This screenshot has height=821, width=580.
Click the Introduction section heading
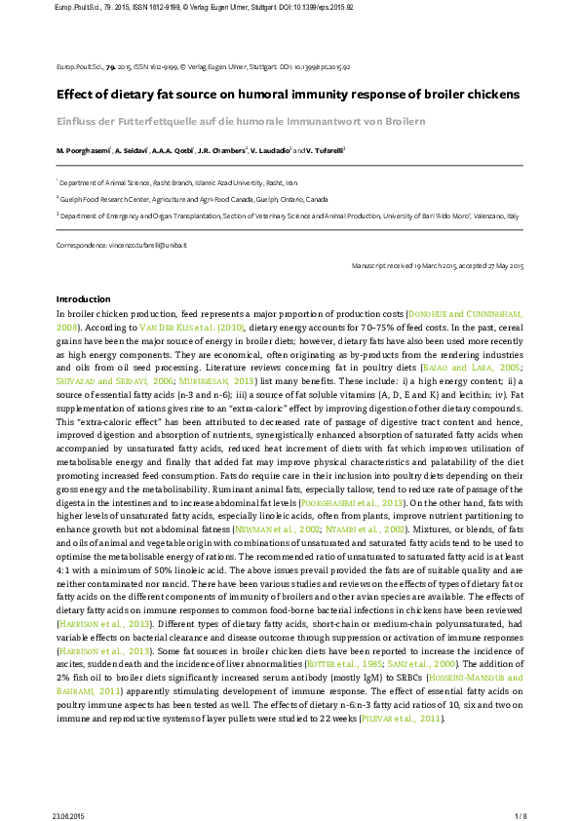pos(83,298)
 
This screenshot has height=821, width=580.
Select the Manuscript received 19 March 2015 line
pos(438,266)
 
